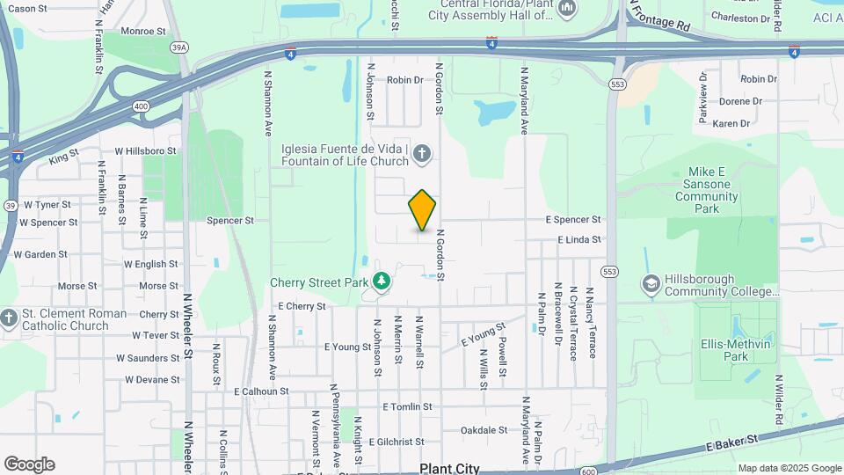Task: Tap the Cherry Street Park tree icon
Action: pyautogui.click(x=382, y=281)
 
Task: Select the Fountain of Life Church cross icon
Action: pyautogui.click(x=422, y=156)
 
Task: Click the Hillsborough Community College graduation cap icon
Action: pyautogui.click(x=651, y=284)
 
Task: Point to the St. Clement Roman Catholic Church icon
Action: pyautogui.click(x=9, y=318)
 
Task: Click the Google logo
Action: pyautogui.click(x=29, y=464)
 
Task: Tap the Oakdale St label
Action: pyautogui.click(x=484, y=430)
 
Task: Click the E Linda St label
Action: pyautogui.click(x=579, y=239)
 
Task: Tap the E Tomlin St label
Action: pyautogui.click(x=408, y=407)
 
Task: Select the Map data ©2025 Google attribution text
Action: pyautogui.click(x=789, y=468)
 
